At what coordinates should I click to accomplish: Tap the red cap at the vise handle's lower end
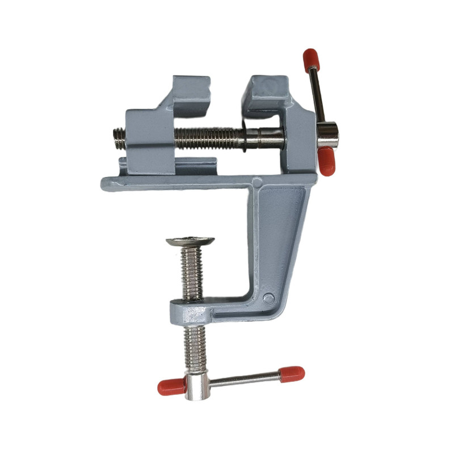point(326,162)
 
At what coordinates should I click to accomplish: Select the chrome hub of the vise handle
point(327,134)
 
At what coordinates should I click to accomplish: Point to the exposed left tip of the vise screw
point(119,138)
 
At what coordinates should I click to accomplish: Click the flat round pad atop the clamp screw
point(190,241)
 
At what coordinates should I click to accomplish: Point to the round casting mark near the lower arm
point(268,299)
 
